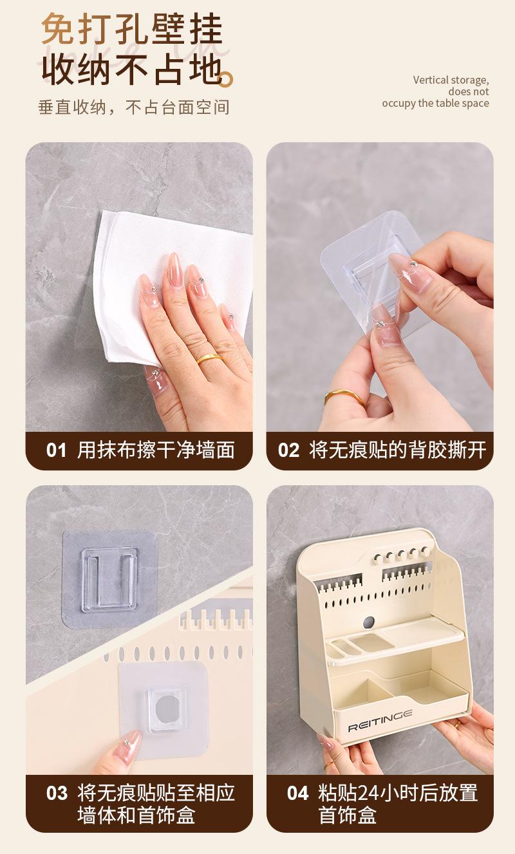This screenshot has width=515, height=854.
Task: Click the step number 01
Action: click(56, 450)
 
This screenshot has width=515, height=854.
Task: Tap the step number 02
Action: click(288, 450)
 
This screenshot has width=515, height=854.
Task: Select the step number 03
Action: click(57, 794)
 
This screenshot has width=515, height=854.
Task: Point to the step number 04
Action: click(297, 794)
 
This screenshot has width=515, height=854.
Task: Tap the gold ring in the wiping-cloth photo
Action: click(209, 358)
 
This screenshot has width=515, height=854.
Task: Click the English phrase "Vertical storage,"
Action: click(451, 80)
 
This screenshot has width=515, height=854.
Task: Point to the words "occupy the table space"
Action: click(435, 104)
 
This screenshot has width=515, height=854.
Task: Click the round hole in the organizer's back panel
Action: click(368, 622)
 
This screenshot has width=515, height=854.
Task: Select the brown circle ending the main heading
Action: click(226, 80)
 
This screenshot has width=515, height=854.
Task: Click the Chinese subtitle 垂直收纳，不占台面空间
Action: click(134, 107)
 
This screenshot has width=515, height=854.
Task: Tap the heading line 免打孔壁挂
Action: click(131, 30)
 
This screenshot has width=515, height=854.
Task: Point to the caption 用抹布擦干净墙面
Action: click(156, 450)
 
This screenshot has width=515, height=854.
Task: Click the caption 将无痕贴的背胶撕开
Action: click(397, 450)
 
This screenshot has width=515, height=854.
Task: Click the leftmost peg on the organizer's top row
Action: click(377, 559)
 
